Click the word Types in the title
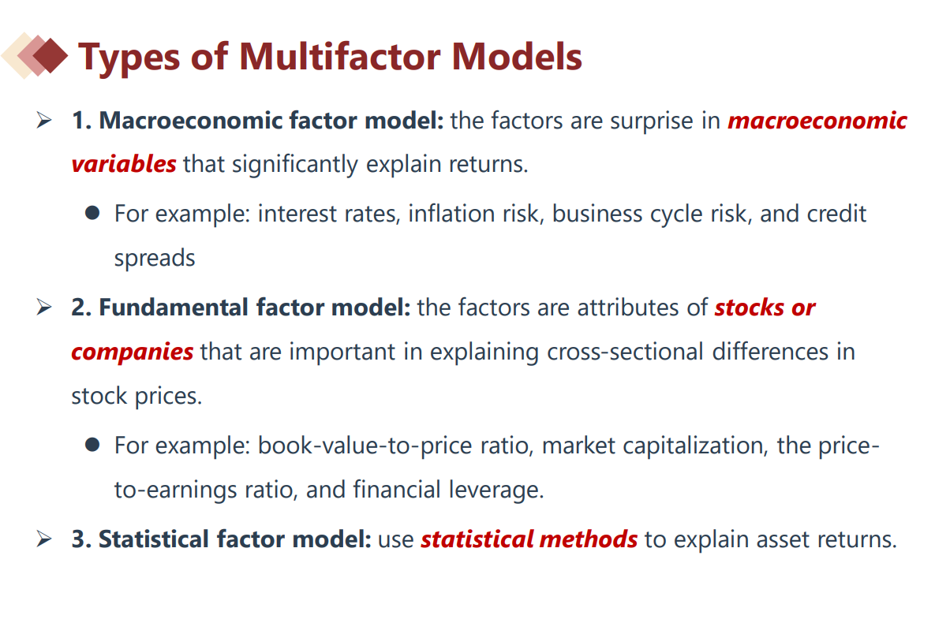click(129, 58)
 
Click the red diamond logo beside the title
click(35, 55)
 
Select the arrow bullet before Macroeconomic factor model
click(44, 121)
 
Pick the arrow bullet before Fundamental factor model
click(44, 308)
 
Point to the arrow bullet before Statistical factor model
click(44, 539)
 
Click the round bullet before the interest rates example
click(92, 213)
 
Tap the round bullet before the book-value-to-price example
click(92, 445)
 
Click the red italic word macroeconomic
click(817, 121)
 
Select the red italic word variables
click(123, 164)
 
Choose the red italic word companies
click(132, 352)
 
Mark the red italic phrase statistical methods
click(529, 539)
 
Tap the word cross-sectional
click(626, 352)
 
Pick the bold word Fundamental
click(173, 308)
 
